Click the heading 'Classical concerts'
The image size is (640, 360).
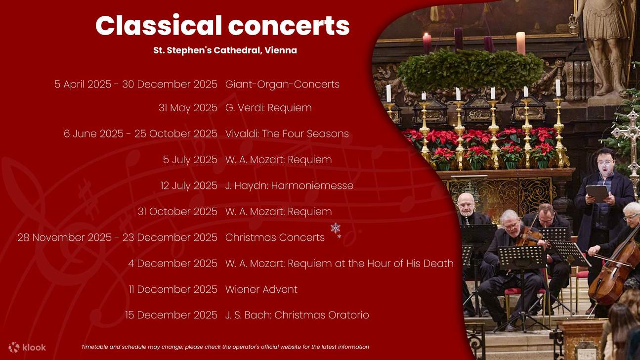click(222, 26)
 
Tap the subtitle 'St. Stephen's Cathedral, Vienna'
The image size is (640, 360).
click(225, 50)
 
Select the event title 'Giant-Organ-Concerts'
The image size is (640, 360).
click(282, 85)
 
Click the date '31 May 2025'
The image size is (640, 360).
click(188, 108)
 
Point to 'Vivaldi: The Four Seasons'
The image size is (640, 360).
click(287, 134)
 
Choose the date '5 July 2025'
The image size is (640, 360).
click(190, 160)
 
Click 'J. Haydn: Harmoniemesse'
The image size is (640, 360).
click(289, 186)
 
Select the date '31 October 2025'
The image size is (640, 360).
click(177, 212)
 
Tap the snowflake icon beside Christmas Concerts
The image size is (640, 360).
click(336, 229)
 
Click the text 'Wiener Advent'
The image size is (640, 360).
click(261, 289)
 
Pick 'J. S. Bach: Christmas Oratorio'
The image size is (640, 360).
click(297, 315)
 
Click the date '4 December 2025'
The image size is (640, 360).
click(172, 264)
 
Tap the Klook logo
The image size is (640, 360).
click(27, 347)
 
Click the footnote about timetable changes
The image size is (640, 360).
click(225, 347)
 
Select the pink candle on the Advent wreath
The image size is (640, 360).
click(520, 43)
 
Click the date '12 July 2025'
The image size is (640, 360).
click(189, 186)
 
